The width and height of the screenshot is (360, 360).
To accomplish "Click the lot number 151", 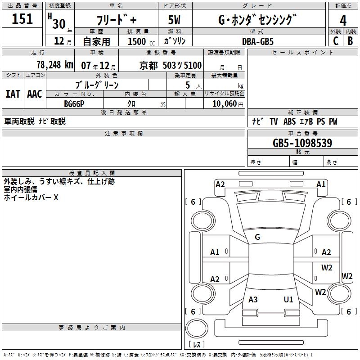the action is pyautogui.click(x=22, y=19).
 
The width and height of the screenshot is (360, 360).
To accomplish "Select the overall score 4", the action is pyautogui.click(x=343, y=20).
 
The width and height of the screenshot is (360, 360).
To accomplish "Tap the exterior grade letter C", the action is pyautogui.click(x=335, y=40).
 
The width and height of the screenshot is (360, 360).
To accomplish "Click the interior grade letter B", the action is pyautogui.click(x=350, y=40).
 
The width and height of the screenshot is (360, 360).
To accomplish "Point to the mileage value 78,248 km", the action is pyautogui.click(x=54, y=65).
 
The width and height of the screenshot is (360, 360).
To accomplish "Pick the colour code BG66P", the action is pyautogui.click(x=74, y=103).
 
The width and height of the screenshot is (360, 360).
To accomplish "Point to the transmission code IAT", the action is pyautogui.click(x=13, y=94).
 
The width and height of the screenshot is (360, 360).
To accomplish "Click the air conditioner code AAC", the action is pyautogui.click(x=34, y=94).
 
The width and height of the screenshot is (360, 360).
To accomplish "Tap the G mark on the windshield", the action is pyautogui.click(x=257, y=237).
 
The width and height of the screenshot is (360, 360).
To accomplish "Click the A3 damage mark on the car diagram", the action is pyautogui.click(x=253, y=299).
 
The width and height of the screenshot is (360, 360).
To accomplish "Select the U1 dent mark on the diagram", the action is pyautogui.click(x=288, y=299).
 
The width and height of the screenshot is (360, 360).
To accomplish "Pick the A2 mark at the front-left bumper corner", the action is pyautogui.click(x=220, y=184).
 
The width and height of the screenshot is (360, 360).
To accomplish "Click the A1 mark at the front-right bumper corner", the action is pyautogui.click(x=321, y=184).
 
